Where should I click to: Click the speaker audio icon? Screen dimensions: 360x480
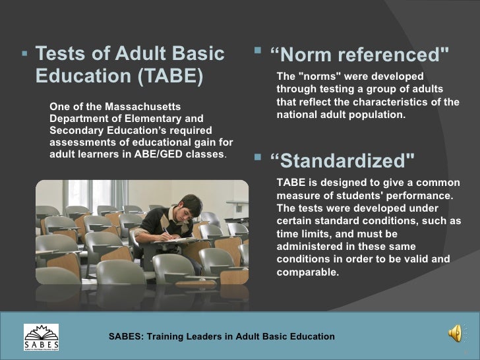point(456,335)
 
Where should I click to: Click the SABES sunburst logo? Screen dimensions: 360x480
point(41,336)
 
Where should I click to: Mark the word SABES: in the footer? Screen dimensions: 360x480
point(125,336)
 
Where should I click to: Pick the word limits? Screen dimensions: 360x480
point(314,233)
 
